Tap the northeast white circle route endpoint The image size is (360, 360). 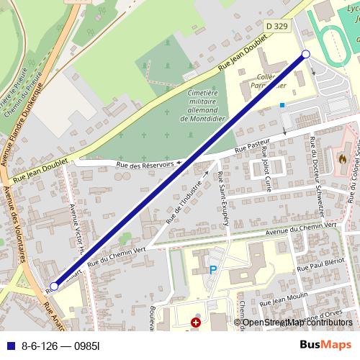click(305, 55)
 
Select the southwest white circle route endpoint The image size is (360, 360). click(54, 287)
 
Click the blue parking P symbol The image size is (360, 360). click(212, 270)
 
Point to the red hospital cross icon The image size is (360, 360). click(195, 323)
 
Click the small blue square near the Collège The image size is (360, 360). click(282, 105)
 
